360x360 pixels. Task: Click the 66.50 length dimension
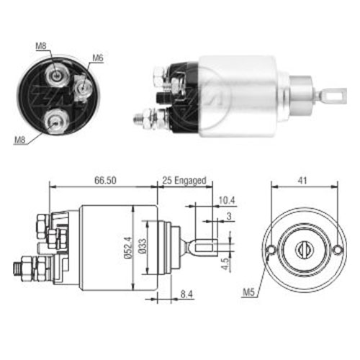[105, 181]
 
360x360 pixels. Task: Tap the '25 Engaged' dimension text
[184, 181]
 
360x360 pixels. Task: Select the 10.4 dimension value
[226, 200]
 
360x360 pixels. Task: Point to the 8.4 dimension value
[186, 294]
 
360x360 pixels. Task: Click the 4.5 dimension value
[225, 264]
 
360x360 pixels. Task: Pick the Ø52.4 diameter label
[128, 248]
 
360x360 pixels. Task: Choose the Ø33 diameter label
[142, 246]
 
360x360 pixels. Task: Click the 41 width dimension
[302, 181]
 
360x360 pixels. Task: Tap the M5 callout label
[248, 292]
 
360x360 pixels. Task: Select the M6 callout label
[98, 58]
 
